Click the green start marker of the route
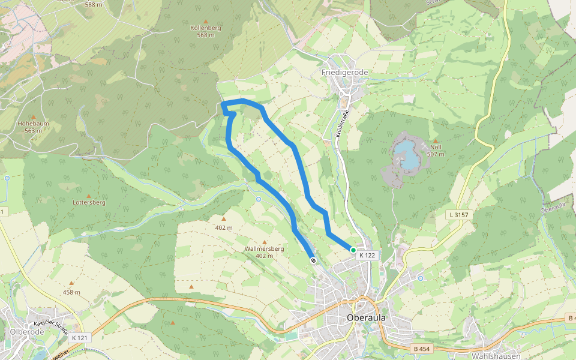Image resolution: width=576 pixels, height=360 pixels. click(353, 250)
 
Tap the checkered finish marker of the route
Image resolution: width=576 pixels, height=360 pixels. click(313, 260)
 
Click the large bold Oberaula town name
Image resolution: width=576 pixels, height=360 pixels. click(366, 317)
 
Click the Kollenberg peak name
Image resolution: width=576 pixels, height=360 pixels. click(206, 28)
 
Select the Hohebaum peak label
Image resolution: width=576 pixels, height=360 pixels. click(33, 124)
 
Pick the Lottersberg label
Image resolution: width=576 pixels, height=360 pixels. click(89, 202)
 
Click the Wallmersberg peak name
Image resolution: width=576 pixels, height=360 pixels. click(264, 248)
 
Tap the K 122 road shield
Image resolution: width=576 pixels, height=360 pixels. click(367, 256)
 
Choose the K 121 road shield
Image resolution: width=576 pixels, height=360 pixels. click(79, 338)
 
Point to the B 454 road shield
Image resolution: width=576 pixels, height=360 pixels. click(422, 349)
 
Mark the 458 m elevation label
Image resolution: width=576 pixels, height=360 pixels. click(71, 292)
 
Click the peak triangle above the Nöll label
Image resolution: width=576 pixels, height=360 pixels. click(436, 141)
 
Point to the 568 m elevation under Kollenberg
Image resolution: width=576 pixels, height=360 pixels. click(206, 35)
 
